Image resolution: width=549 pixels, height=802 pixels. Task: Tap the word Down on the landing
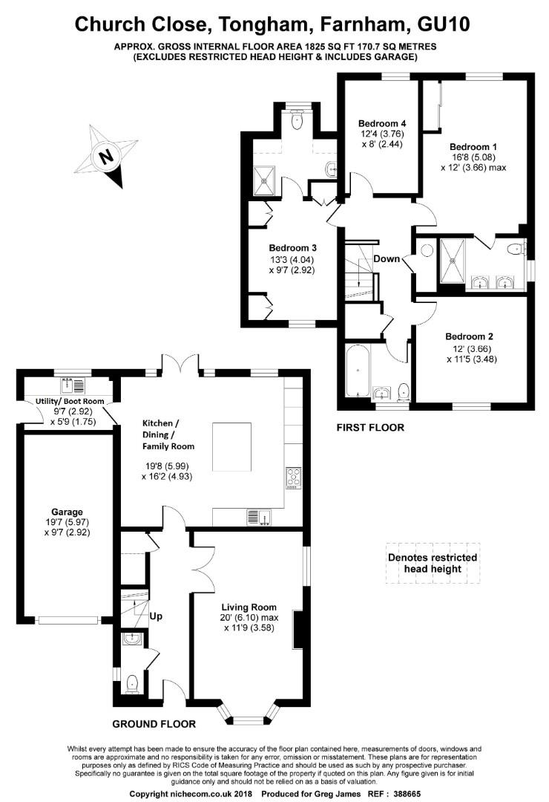[x=387, y=259]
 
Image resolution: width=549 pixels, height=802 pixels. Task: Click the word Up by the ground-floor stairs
[x=157, y=616]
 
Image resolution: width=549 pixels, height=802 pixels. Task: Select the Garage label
[x=67, y=512]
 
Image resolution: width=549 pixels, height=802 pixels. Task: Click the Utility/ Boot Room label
[x=70, y=401]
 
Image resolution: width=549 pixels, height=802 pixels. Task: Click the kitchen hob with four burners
[x=293, y=478]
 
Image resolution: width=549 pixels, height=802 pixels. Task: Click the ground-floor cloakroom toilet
[x=131, y=682]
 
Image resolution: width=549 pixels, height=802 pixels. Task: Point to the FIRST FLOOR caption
[x=370, y=428]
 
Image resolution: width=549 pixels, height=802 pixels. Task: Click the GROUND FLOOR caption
[x=154, y=723]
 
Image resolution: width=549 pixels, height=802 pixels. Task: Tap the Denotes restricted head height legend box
[x=432, y=563]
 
